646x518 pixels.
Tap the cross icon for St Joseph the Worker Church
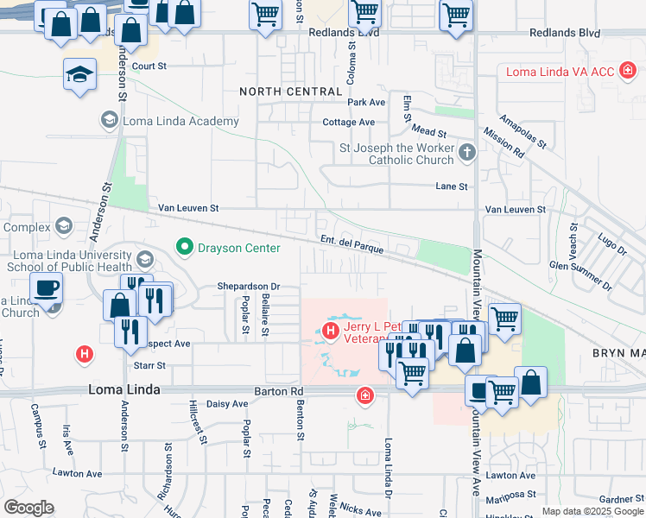point(467,153)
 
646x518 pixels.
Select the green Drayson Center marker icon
point(183,248)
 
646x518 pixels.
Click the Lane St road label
point(451,186)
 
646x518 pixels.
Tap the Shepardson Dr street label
point(248,287)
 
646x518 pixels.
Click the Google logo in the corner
point(28,508)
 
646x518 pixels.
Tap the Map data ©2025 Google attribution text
point(592,511)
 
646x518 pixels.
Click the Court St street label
point(149,66)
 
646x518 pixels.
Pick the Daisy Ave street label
point(227,403)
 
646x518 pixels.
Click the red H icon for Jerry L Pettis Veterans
point(329,330)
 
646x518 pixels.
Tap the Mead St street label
point(428,134)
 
